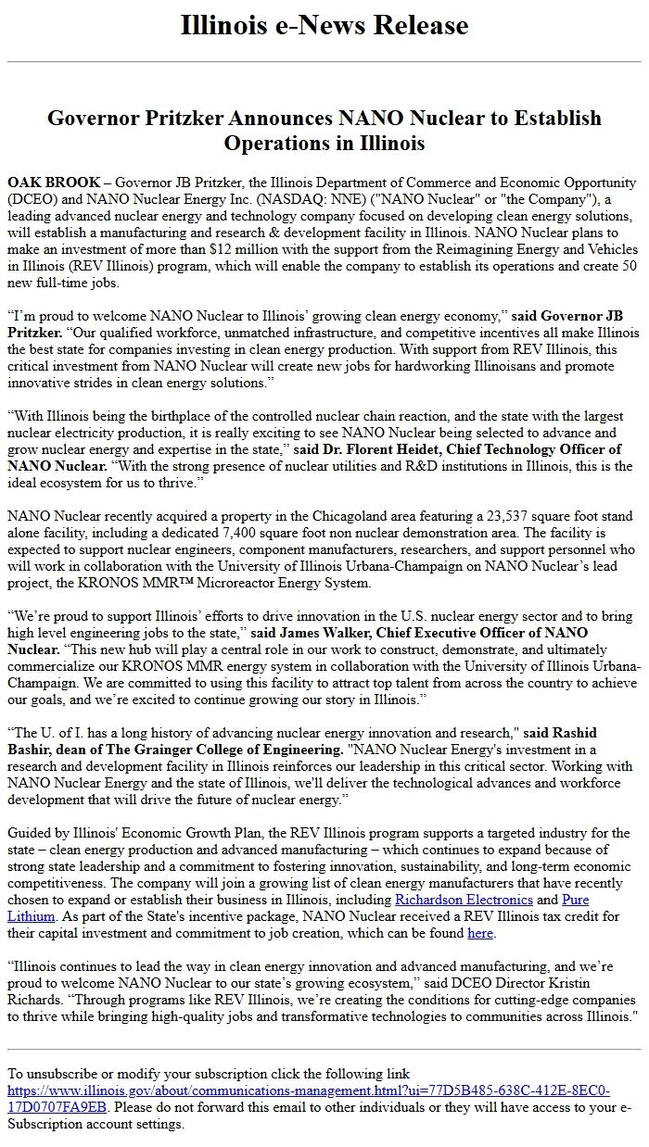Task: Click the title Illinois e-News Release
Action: pyautogui.click(x=324, y=25)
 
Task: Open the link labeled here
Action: pyautogui.click(x=479, y=933)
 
